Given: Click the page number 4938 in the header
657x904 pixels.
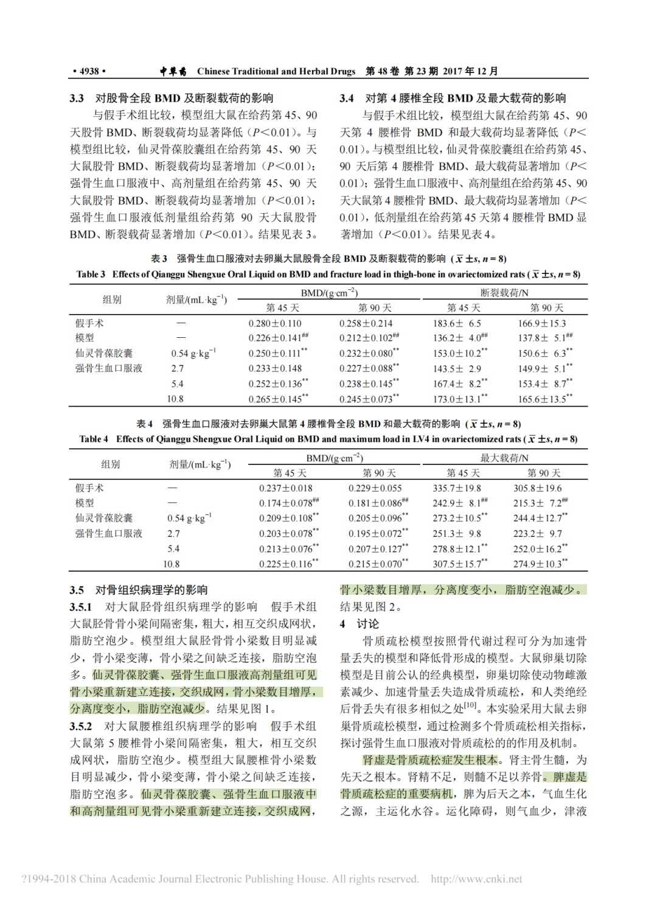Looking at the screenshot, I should click(89, 71).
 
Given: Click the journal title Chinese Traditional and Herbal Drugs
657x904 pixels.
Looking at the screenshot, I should click(276, 71).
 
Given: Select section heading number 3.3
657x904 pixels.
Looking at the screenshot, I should click(76, 98).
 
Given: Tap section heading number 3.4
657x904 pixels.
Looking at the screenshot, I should click(347, 98).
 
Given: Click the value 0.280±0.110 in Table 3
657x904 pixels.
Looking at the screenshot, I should click(274, 323).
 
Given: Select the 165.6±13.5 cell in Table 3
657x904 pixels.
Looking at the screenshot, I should click(541, 399).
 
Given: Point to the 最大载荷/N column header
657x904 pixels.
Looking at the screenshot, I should click(504, 458).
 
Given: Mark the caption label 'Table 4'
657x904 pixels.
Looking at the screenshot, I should click(94, 439).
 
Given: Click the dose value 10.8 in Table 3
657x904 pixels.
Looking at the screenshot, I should click(175, 399).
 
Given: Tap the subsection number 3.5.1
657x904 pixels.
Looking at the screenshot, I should click(80, 607).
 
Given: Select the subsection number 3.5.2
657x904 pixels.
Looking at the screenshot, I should click(80, 726).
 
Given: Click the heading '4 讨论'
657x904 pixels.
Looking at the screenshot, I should click(359, 624).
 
